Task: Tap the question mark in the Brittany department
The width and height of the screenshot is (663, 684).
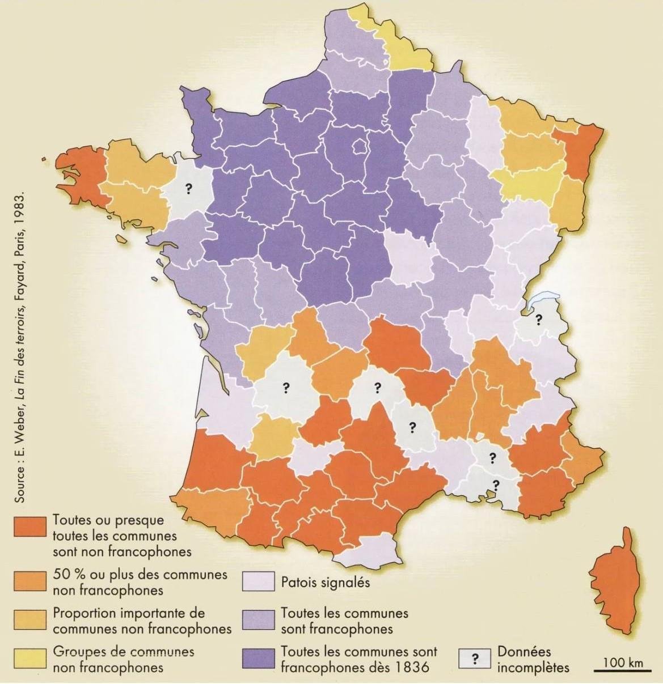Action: tap(189, 190)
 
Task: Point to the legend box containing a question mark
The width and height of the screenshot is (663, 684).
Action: tap(475, 659)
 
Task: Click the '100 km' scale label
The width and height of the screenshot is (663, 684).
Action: tap(623, 662)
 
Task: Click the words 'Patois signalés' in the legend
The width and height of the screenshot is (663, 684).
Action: tap(325, 582)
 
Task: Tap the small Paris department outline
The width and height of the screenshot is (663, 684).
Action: tap(360, 146)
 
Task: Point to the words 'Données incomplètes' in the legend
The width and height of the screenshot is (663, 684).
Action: tap(533, 660)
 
